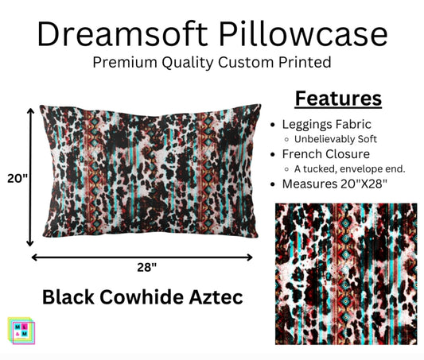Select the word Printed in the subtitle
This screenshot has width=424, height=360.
tap(304, 61)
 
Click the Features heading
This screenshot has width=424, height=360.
tap(338, 99)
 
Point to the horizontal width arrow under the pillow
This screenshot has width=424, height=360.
tap(143, 257)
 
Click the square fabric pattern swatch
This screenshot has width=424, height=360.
tap(346, 273)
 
